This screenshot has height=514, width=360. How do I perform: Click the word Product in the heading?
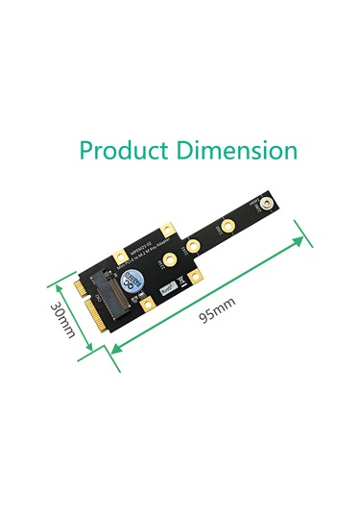tap(119, 151)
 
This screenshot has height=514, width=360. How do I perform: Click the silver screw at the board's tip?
tap(260, 206)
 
